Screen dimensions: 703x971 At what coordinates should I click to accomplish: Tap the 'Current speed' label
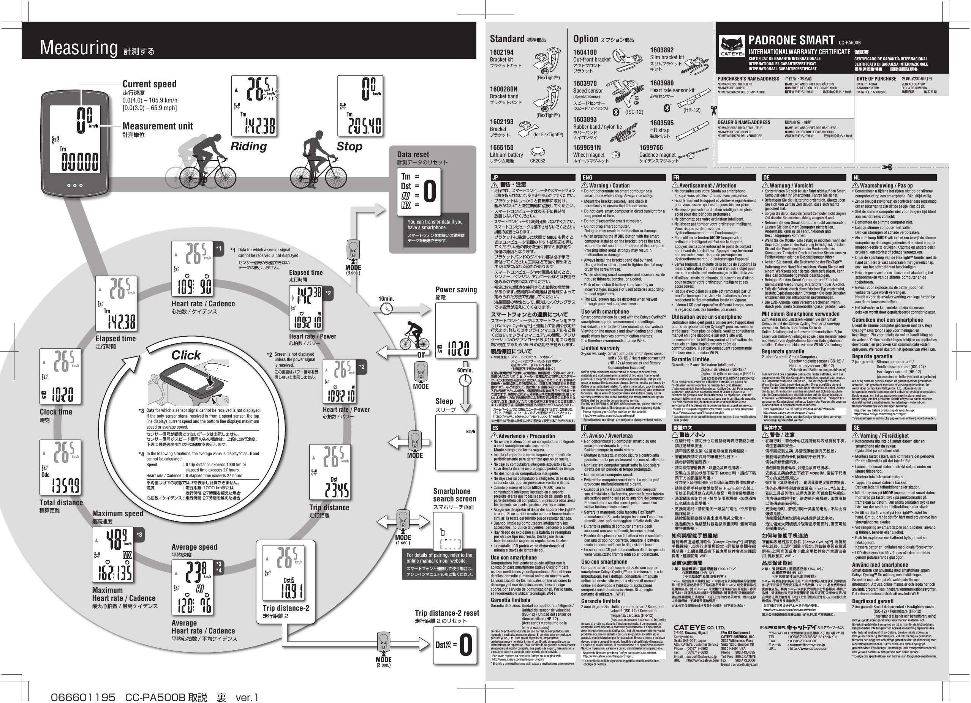pos(149,84)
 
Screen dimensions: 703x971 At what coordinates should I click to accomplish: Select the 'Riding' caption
pos(248,147)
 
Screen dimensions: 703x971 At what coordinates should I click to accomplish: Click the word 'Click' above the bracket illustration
pos(186,355)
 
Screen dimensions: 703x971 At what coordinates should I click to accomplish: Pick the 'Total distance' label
pos(61,502)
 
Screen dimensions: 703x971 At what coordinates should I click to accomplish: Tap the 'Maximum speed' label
pos(117,514)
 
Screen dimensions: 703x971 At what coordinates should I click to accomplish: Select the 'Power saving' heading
pos(456,290)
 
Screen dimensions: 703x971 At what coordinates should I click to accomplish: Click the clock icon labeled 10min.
pos(386,308)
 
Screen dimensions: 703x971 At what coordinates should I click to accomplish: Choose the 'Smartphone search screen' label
pos(454,495)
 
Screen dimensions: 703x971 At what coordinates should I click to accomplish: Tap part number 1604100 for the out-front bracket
pos(585,52)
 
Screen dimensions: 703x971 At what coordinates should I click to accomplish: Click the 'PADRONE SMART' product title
pos(791,41)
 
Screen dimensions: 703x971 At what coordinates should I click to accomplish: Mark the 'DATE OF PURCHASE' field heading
pos(876,79)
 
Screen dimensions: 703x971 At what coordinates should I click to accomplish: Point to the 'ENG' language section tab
pos(587,178)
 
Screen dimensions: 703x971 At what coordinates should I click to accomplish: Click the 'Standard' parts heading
pos(507,39)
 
